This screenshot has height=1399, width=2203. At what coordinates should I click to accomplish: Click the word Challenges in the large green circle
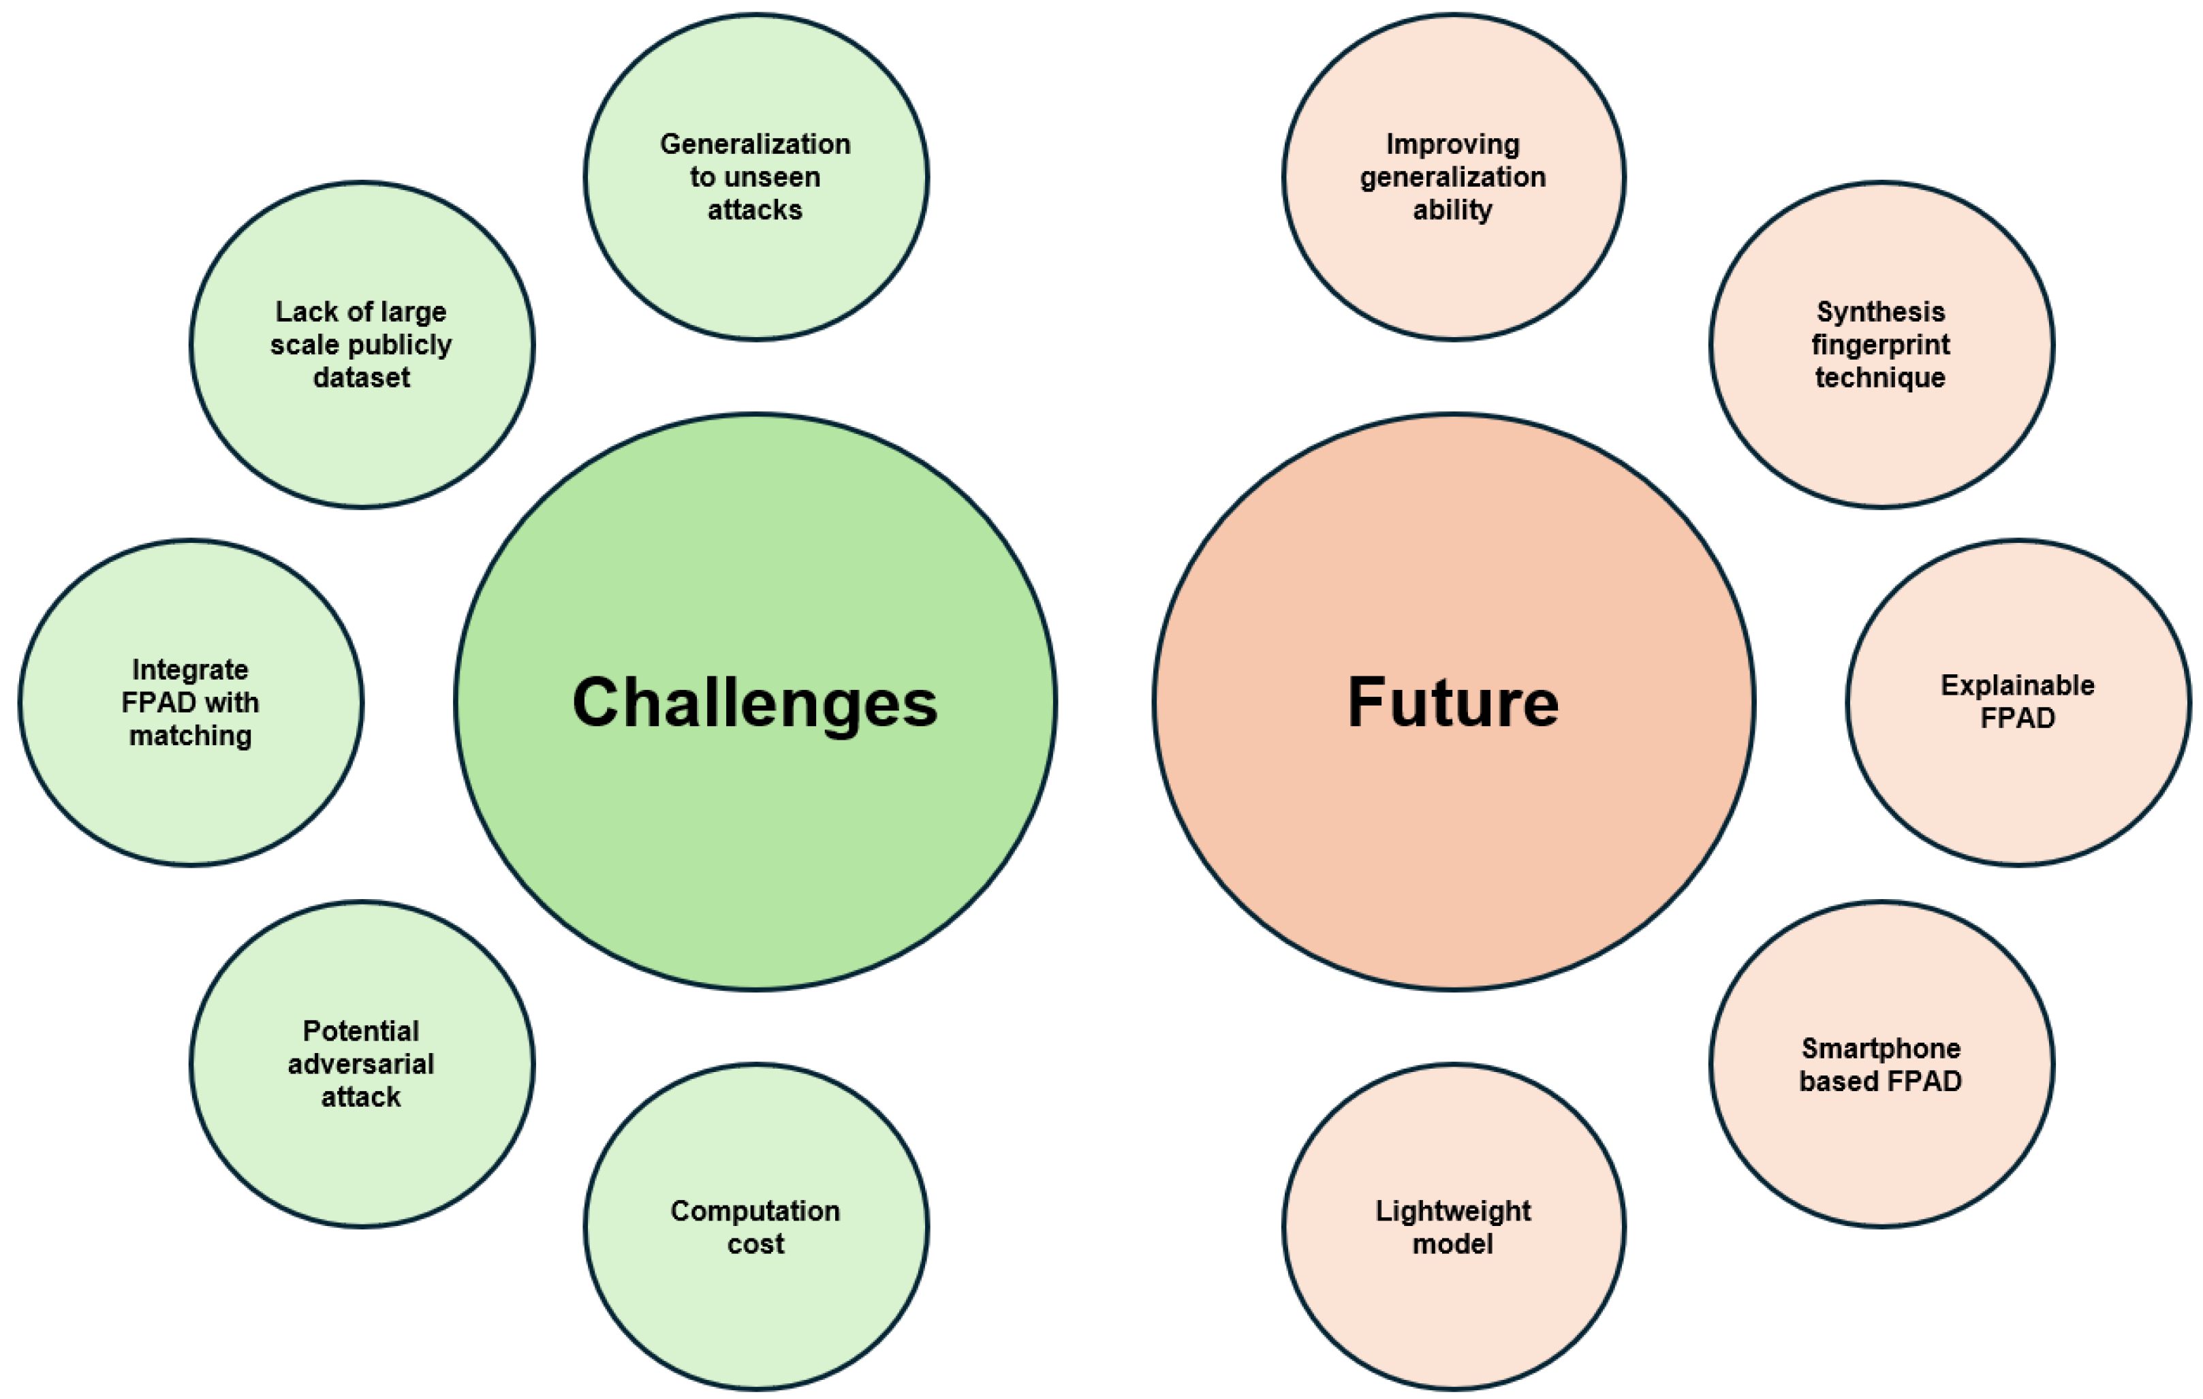755,703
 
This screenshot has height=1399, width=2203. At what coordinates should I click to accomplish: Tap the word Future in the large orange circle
1453,703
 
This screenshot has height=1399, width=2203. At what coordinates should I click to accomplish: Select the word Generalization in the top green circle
755,144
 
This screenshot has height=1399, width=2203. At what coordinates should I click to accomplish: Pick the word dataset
361,378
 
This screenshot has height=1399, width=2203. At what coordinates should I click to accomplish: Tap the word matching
190,736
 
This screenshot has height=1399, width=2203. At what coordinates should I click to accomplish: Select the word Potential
361,1031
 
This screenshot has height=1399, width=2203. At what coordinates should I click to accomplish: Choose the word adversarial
361,1064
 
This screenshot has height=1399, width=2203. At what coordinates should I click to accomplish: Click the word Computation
755,1212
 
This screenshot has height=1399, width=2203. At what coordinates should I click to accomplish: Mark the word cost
755,1244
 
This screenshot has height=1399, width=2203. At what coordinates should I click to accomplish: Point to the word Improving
1453,144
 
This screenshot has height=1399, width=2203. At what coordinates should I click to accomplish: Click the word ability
1453,210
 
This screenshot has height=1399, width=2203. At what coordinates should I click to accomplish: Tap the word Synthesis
1881,312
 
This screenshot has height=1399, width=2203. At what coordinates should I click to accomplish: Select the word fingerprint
1881,345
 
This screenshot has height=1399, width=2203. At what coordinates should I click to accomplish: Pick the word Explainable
2018,685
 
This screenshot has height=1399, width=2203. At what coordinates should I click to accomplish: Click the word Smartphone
1881,1048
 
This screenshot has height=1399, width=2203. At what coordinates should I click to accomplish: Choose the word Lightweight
1453,1212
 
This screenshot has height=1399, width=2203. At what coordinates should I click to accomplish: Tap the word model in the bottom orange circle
1453,1244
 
